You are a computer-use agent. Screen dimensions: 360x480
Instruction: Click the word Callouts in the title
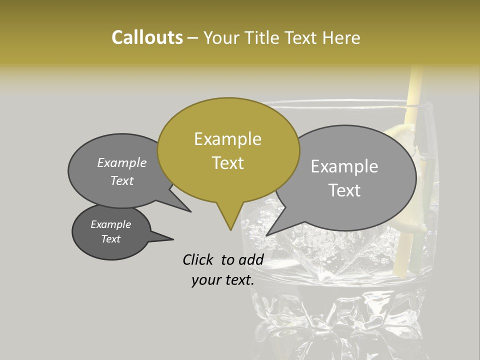[147, 37]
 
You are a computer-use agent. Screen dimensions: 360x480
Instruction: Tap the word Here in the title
[341, 37]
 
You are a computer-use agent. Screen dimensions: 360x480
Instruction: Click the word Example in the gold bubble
[228, 139]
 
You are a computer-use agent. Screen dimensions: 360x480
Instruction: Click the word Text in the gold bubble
[228, 163]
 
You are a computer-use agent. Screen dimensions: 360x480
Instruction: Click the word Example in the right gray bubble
[344, 166]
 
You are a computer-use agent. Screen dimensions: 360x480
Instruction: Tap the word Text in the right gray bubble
[344, 190]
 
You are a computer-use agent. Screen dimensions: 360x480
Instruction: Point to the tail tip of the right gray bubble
[267, 234]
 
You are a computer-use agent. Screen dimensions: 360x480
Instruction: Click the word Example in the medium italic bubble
[122, 162]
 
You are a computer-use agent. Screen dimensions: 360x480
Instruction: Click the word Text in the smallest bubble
[111, 239]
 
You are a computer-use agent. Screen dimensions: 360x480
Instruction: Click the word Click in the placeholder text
[198, 259]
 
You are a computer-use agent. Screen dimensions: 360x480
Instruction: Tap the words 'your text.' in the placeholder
[223, 280]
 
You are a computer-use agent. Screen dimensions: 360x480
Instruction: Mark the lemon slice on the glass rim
[400, 135]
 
